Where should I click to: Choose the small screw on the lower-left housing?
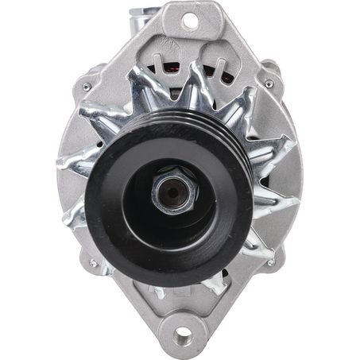(94, 264)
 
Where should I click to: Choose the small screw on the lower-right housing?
(271, 263)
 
